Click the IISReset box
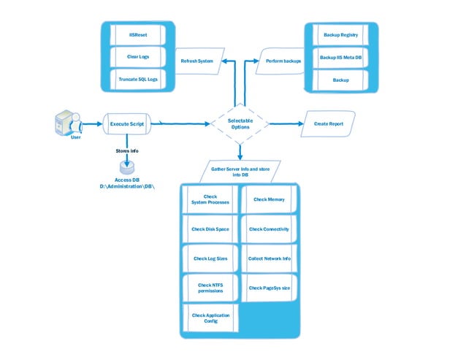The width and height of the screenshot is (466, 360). point(139,34)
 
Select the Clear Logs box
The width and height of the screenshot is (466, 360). point(139,56)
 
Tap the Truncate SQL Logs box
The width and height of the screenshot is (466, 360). point(139,79)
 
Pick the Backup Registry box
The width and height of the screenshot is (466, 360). point(342,34)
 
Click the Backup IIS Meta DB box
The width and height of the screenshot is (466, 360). point(342,57)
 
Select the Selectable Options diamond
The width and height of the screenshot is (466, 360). point(239,123)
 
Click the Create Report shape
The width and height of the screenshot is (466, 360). point(328,123)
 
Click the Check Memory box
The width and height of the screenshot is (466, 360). point(269,199)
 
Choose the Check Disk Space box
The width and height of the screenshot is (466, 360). point(210,229)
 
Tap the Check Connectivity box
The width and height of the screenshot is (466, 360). point(269,229)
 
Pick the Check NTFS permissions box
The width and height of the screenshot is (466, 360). point(210,288)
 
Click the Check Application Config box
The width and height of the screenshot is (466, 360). point(210,318)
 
